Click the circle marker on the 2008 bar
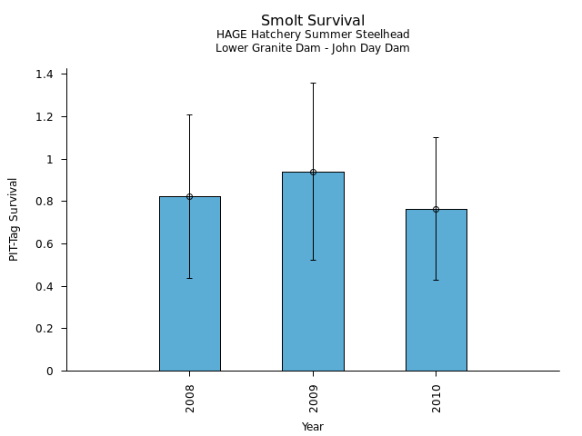tap(189, 196)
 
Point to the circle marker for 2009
tap(313, 172)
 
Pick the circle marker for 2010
tap(436, 209)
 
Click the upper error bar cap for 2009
tap(313, 83)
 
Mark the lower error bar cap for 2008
tap(189, 278)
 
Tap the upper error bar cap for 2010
tap(436, 137)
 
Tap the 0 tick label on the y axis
tap(50, 372)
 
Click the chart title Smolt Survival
tap(313, 21)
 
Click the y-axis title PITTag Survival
tap(14, 219)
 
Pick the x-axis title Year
tap(313, 427)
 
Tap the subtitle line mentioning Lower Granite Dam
tap(313, 48)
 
